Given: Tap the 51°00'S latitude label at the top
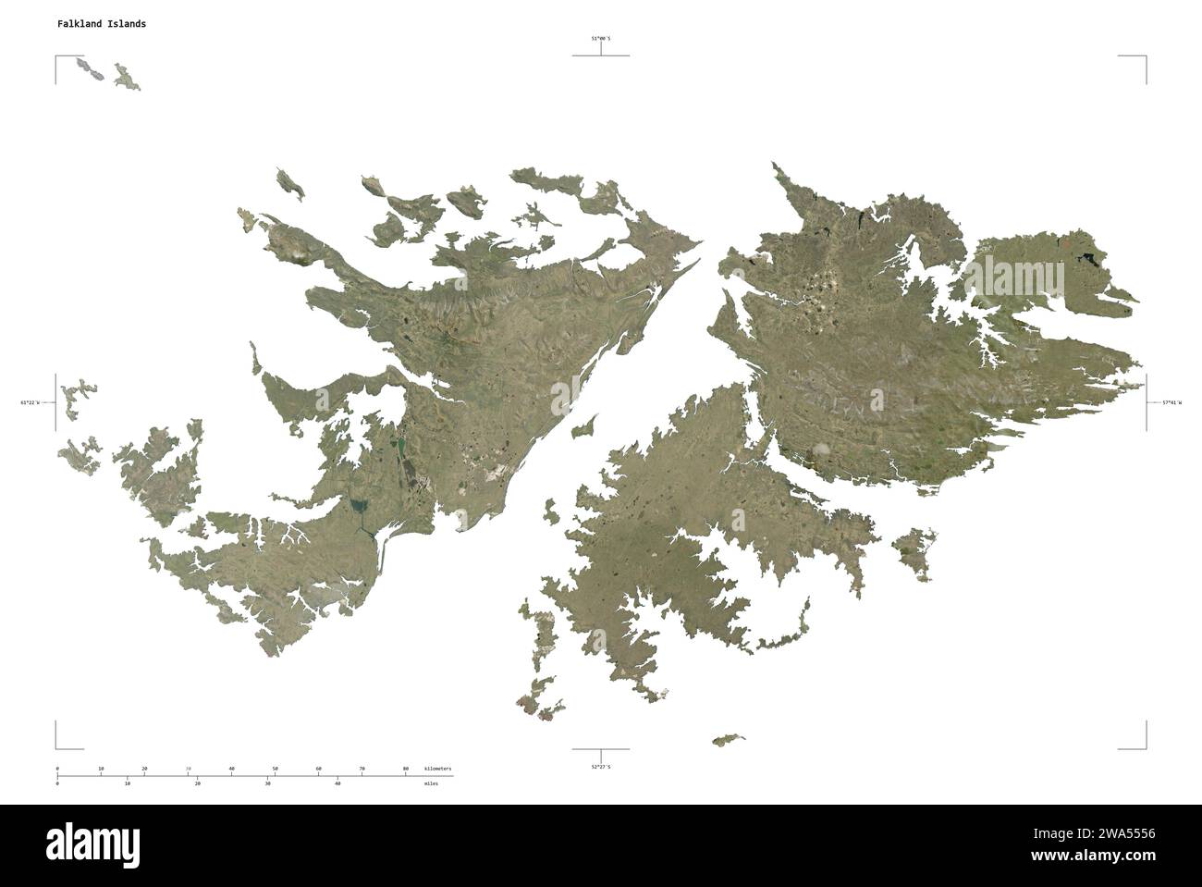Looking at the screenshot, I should tap(601, 38).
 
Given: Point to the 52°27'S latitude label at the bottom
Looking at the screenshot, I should tap(601, 767).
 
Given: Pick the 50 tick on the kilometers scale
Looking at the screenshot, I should tap(275, 770).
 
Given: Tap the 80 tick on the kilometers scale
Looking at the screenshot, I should tap(405, 770).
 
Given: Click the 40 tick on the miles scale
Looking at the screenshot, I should tap(337, 783).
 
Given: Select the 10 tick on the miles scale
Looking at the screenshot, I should tap(128, 783).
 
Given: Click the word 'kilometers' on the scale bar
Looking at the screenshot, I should tap(438, 770).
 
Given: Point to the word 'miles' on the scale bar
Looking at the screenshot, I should tap(432, 783).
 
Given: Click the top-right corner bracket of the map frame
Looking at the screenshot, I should tap(1145, 57).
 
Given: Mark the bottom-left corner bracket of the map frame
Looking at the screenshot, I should tap(57, 746).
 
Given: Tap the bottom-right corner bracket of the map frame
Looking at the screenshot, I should tap(1145, 746).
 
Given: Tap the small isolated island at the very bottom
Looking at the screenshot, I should tap(728, 740).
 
